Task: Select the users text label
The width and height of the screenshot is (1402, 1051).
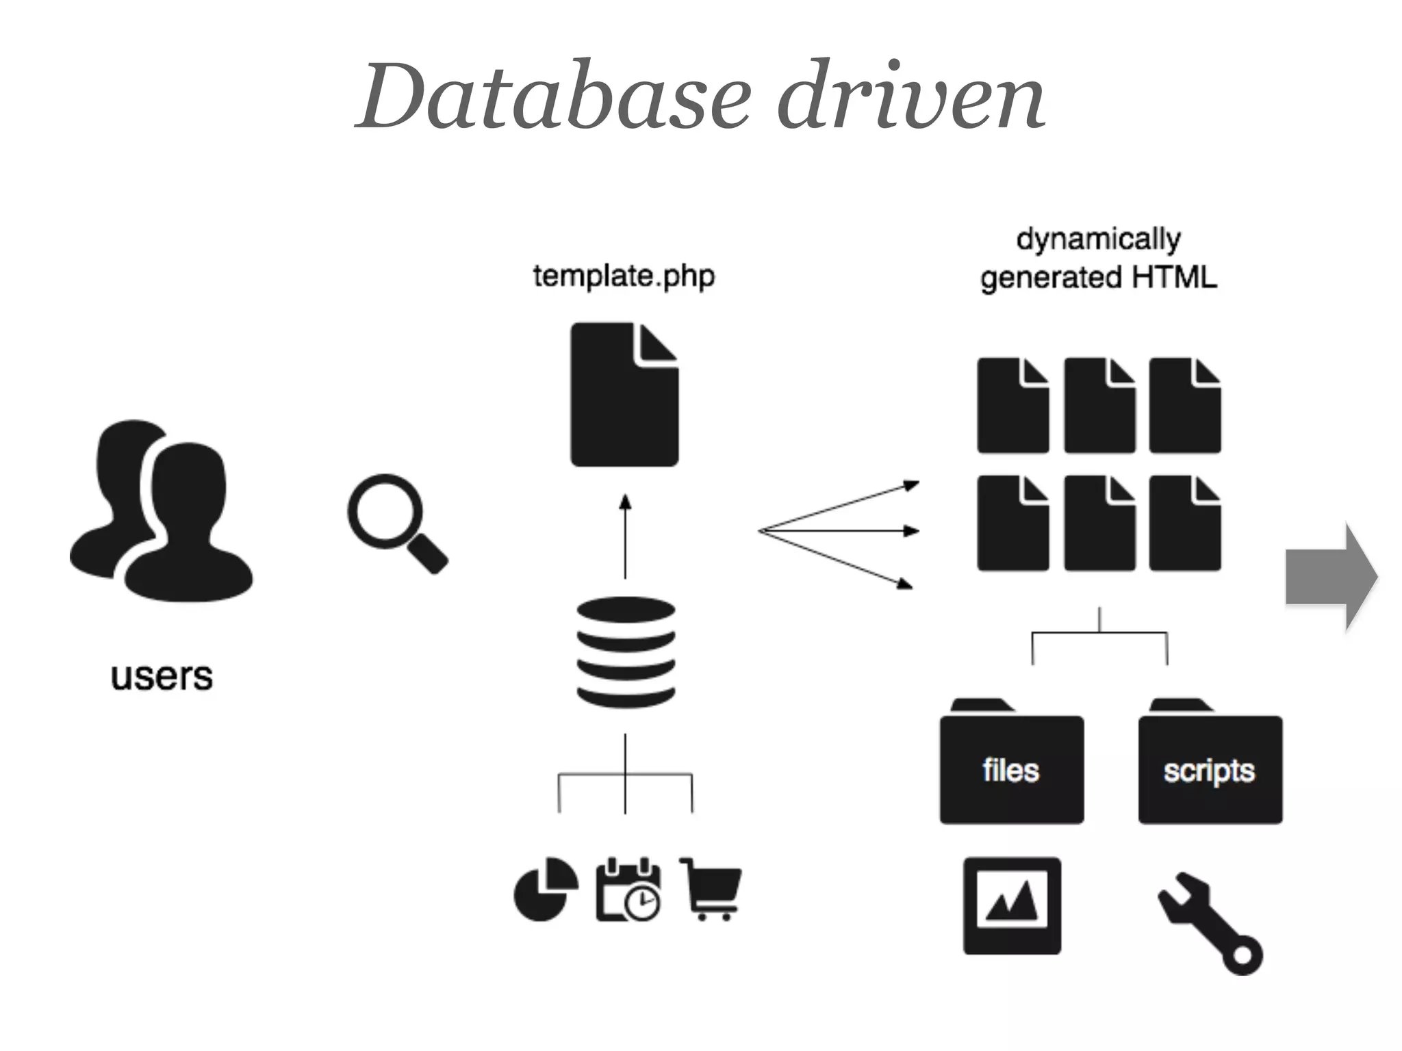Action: point(162,677)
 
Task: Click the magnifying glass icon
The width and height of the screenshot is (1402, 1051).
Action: point(396,522)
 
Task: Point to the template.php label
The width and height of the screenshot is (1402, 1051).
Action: point(624,276)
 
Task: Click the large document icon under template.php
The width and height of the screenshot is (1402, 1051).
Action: point(624,395)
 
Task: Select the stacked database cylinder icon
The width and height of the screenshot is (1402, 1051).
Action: point(625,652)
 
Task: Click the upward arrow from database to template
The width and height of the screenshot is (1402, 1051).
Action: point(625,537)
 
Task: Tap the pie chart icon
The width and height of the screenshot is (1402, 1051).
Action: point(545,889)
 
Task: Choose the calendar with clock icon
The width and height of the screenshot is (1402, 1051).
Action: point(628,889)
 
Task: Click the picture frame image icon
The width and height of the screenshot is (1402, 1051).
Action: point(1012,905)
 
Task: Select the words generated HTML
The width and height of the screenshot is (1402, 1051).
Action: point(1098,278)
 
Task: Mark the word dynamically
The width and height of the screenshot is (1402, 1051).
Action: point(1098,239)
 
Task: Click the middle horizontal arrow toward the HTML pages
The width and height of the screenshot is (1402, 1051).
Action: point(839,530)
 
